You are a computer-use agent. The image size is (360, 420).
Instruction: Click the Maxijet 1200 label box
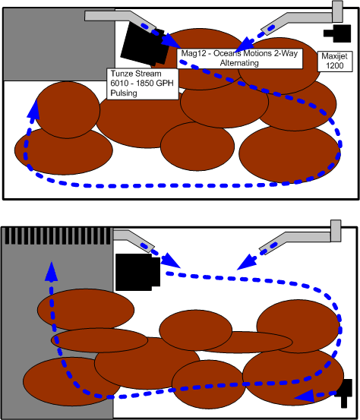click(x=335, y=61)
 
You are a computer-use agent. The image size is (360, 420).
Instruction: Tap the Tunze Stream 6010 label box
click(x=143, y=84)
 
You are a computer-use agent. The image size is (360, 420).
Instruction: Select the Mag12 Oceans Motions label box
click(x=239, y=58)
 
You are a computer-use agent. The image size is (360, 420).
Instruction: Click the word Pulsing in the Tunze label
click(x=124, y=93)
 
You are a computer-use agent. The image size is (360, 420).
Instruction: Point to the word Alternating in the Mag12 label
click(x=239, y=63)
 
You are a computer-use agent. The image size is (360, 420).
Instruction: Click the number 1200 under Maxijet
click(x=335, y=65)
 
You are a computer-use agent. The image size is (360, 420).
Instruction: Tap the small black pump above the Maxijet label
click(x=337, y=33)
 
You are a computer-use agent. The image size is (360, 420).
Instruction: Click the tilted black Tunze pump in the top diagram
click(x=144, y=44)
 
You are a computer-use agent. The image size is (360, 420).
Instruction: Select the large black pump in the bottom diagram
click(x=137, y=272)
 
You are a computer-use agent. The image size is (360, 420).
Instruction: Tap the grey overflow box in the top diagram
click(x=59, y=45)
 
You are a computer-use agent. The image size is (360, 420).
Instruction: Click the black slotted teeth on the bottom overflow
click(x=58, y=236)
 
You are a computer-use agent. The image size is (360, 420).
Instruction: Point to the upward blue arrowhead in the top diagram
click(x=34, y=109)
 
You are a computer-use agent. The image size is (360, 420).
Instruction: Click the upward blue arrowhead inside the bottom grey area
click(x=51, y=272)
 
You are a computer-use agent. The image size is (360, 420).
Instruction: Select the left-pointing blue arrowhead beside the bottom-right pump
click(x=305, y=396)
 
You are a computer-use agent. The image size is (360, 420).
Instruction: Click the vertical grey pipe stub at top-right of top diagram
click(x=337, y=11)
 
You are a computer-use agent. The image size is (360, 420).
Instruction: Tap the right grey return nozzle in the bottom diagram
click(x=300, y=238)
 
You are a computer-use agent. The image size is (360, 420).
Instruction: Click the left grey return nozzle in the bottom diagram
click(x=134, y=240)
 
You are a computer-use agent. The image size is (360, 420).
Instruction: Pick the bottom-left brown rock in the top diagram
click(x=64, y=150)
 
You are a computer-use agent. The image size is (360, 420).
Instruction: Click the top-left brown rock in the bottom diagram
click(x=86, y=309)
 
